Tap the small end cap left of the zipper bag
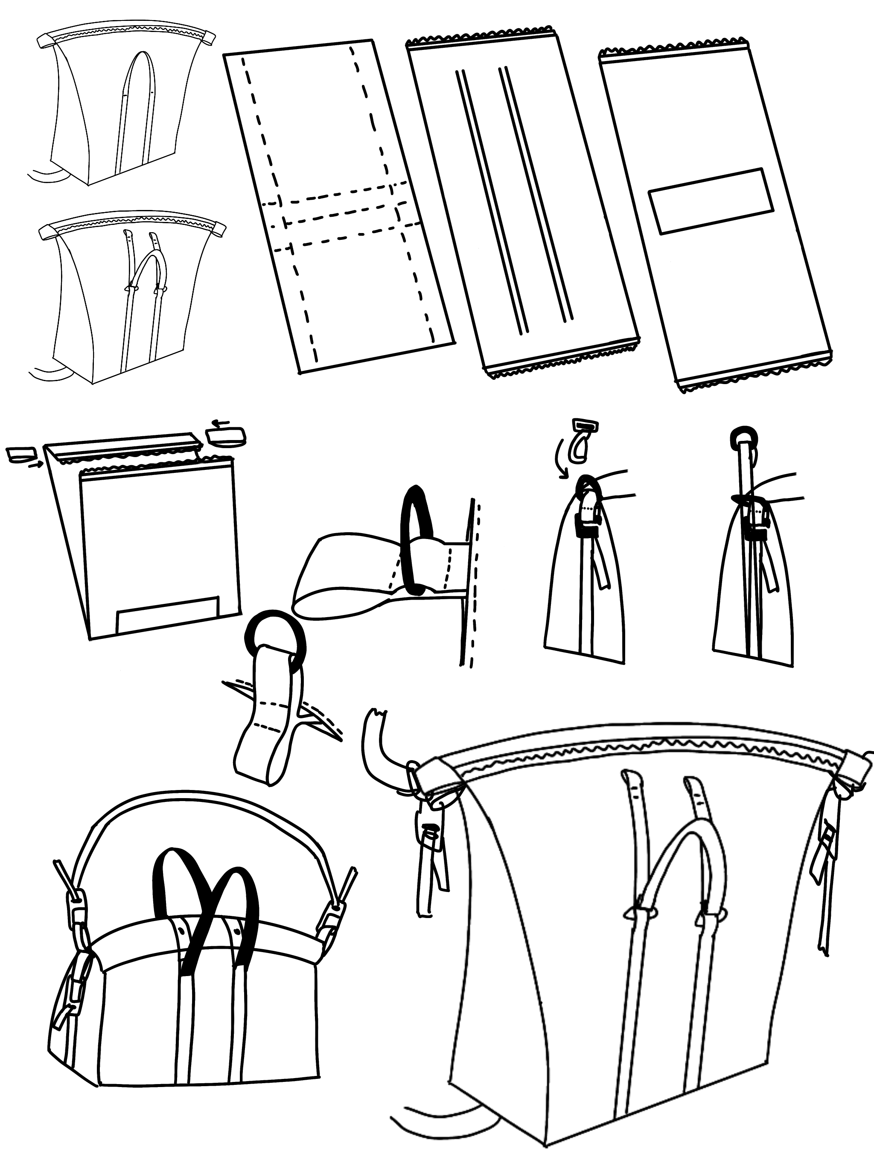[20, 454]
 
